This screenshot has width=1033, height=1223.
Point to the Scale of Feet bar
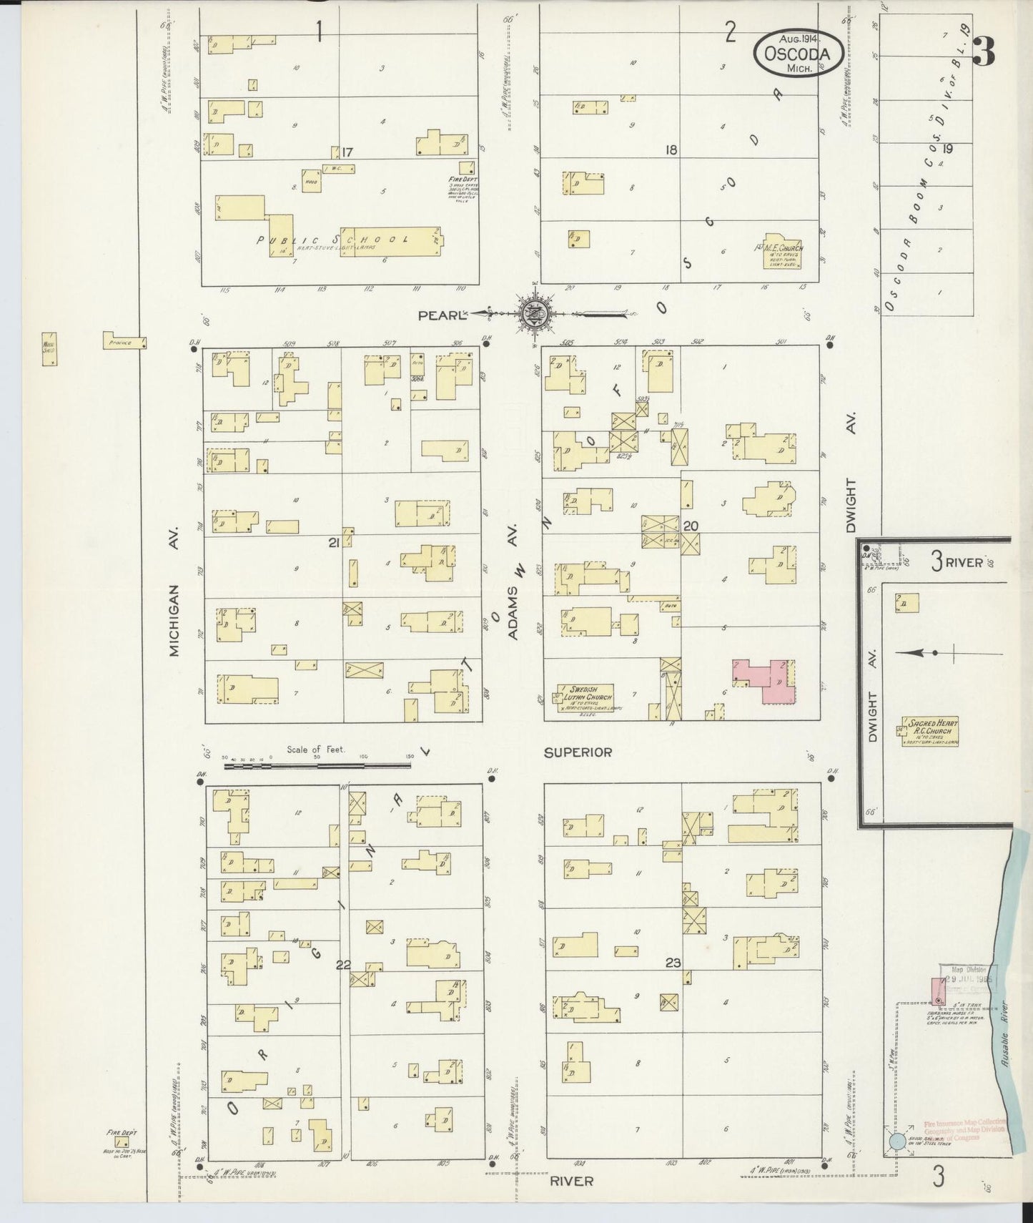(x=317, y=765)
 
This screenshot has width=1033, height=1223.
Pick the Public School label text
(x=335, y=240)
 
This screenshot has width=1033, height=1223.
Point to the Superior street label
(x=578, y=752)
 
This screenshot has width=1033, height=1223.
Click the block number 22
(x=344, y=965)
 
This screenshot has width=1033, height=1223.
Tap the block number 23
(x=672, y=963)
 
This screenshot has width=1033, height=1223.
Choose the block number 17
(x=347, y=152)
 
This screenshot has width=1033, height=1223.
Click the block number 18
(x=671, y=150)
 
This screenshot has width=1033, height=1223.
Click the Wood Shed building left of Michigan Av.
(x=49, y=349)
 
